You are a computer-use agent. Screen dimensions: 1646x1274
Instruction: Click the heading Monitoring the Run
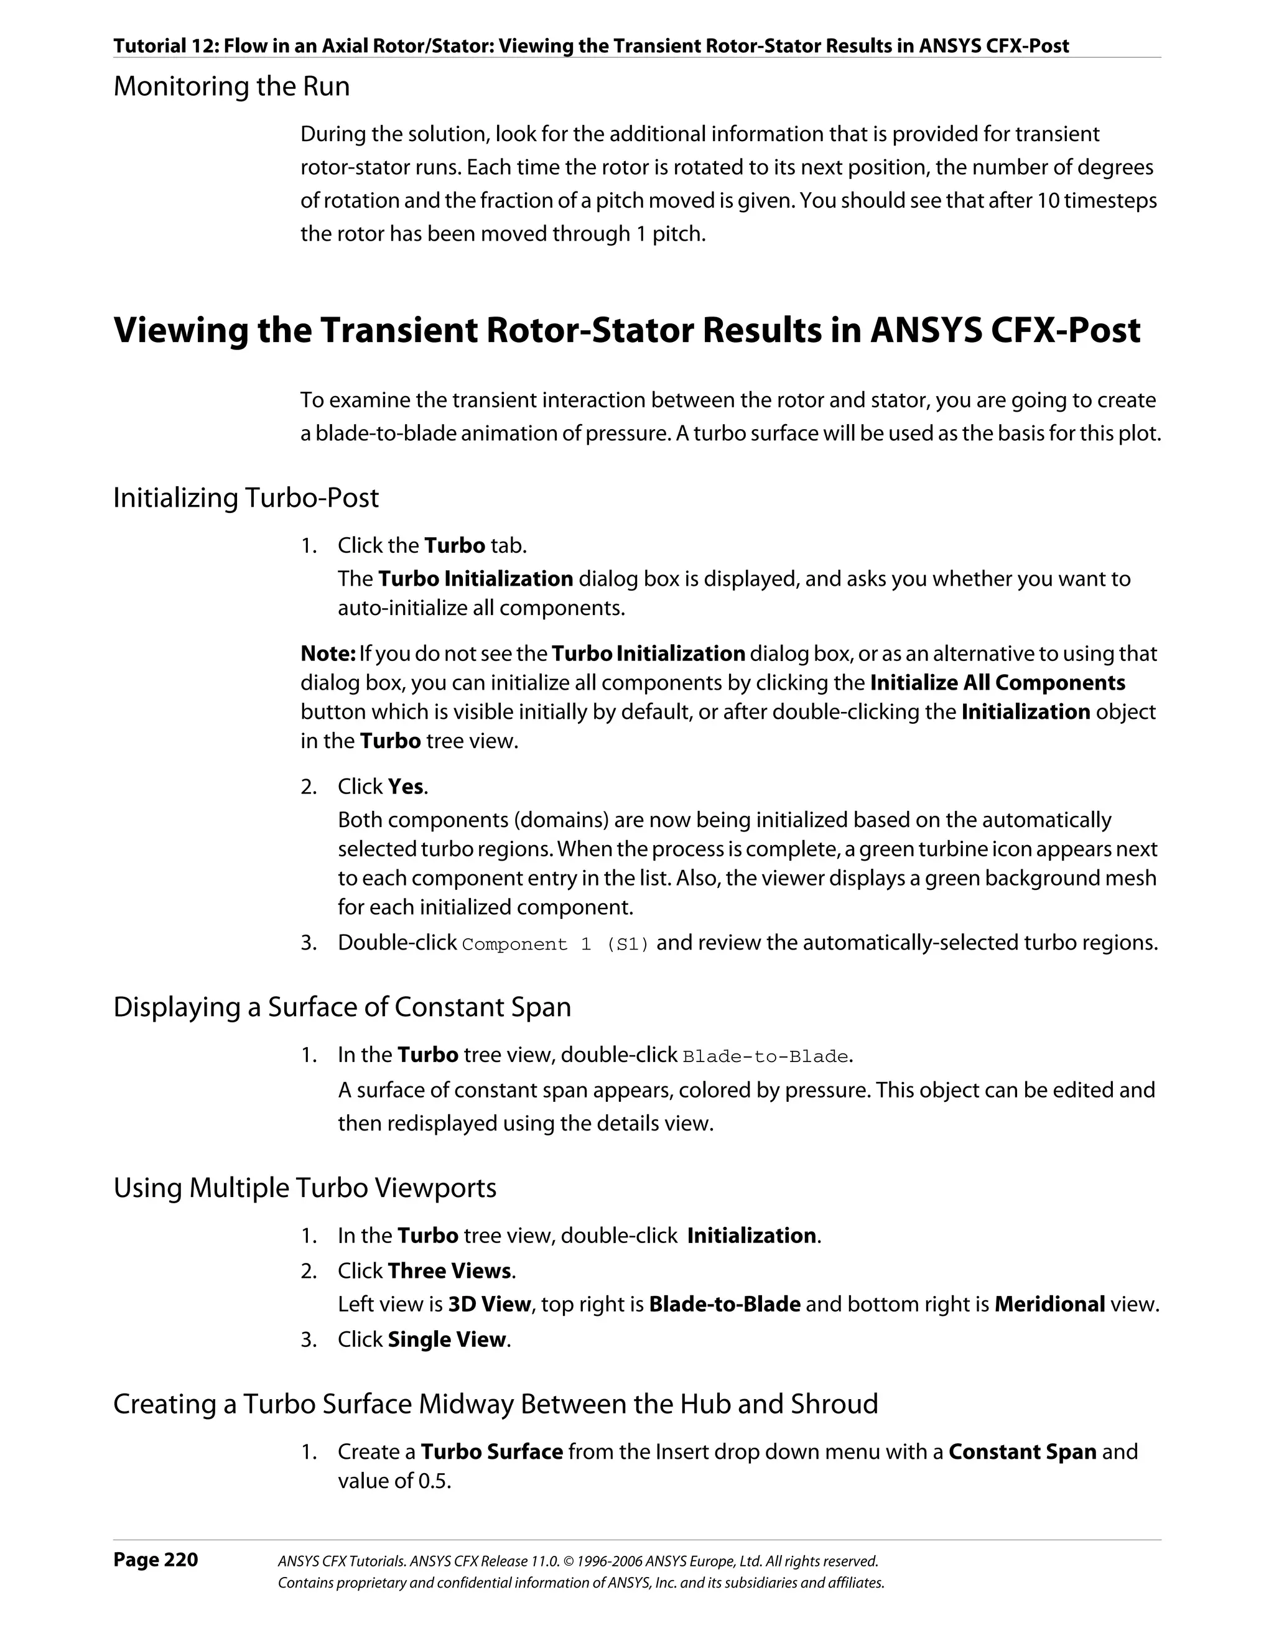click(x=231, y=86)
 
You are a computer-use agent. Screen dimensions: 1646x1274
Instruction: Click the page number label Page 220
click(x=156, y=1560)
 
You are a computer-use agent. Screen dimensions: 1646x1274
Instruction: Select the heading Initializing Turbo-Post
click(x=246, y=497)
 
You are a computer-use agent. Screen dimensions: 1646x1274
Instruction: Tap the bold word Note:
click(x=328, y=654)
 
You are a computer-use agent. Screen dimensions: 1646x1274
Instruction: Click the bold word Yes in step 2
click(x=406, y=787)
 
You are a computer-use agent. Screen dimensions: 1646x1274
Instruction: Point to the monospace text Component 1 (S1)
click(x=556, y=945)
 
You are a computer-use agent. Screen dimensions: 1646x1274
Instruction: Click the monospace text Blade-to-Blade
click(x=765, y=1056)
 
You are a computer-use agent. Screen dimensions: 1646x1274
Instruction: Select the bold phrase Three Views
click(x=449, y=1270)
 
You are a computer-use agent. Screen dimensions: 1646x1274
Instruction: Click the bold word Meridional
click(x=1049, y=1305)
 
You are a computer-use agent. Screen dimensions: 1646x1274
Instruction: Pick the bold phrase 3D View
click(x=489, y=1305)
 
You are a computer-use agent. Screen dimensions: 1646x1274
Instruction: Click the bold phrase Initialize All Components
click(x=997, y=683)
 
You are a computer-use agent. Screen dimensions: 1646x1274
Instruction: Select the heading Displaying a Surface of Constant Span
click(x=342, y=1007)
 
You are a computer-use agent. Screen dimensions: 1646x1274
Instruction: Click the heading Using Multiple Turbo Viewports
click(x=305, y=1188)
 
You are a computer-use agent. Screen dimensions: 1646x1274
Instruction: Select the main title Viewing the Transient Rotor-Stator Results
click(x=626, y=331)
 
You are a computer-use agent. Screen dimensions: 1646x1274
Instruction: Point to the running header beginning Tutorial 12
click(x=591, y=46)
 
